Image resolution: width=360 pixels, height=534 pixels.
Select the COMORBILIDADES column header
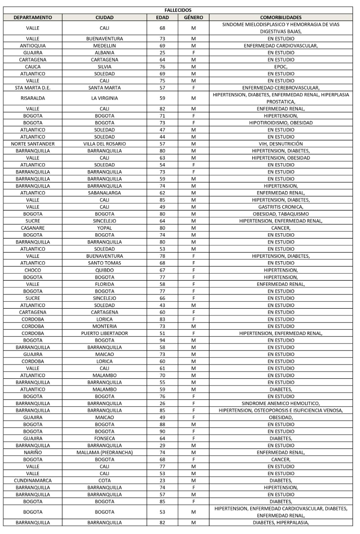click(x=281, y=17)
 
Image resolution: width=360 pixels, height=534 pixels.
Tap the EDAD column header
click(x=163, y=17)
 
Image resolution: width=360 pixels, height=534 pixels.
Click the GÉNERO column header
click(x=193, y=17)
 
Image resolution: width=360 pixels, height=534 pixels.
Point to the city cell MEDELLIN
click(x=104, y=45)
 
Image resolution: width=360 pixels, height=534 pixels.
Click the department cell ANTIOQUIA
click(x=33, y=45)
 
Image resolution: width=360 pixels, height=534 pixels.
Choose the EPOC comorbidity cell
click(x=281, y=67)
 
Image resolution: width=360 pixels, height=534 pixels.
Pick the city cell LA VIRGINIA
click(x=104, y=98)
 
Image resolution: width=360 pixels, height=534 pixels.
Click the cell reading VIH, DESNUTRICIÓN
click(x=281, y=144)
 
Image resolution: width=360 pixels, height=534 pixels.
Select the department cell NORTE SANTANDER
click(x=33, y=144)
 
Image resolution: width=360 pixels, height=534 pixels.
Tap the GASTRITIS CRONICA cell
click(x=281, y=207)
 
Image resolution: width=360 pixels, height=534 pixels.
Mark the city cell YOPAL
click(x=104, y=228)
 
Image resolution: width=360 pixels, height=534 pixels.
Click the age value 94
click(x=163, y=340)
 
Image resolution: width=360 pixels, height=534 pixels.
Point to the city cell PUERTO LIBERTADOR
click(x=104, y=333)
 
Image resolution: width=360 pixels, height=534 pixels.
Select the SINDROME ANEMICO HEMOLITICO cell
click(x=281, y=403)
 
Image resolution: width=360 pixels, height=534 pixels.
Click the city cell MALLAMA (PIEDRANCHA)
click(x=104, y=453)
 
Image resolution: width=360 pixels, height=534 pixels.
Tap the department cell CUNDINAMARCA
click(x=33, y=481)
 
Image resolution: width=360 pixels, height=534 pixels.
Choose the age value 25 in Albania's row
click(x=163, y=53)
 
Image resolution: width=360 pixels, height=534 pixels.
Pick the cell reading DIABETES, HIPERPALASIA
click(x=281, y=523)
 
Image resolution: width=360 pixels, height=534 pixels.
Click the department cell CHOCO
click(x=33, y=270)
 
